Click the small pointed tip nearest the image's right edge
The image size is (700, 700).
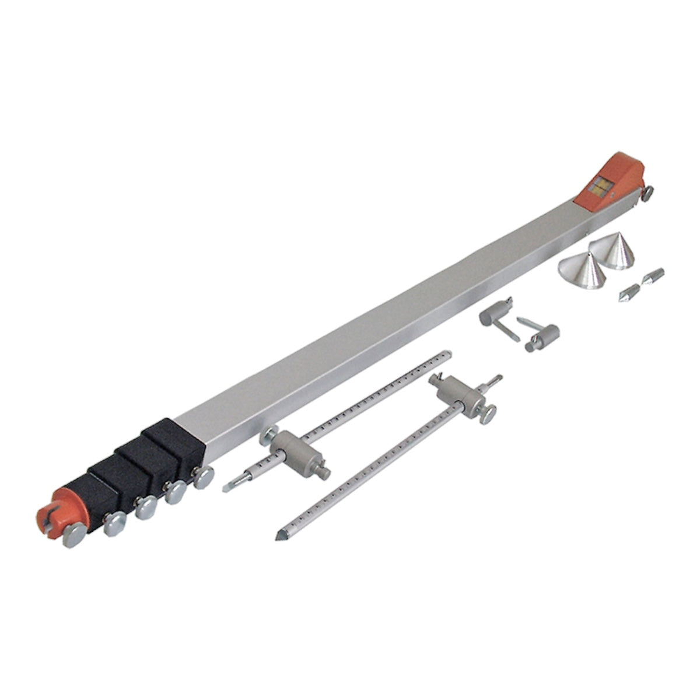(653, 275)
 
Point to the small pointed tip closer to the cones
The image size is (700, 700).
(629, 292)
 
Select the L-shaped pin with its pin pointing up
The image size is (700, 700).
(540, 335)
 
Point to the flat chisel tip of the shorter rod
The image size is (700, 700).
(229, 487)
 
